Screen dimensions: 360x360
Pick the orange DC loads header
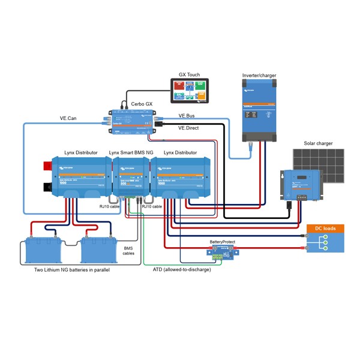[x=326, y=229]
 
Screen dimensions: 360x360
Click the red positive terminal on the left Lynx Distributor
[x=46, y=164]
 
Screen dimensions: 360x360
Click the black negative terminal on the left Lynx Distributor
[x=47, y=187]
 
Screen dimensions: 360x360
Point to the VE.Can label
[x=68, y=118]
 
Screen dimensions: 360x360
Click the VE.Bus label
[x=187, y=116]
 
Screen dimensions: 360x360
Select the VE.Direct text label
[x=188, y=128]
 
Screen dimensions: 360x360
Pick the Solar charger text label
[x=316, y=143]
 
